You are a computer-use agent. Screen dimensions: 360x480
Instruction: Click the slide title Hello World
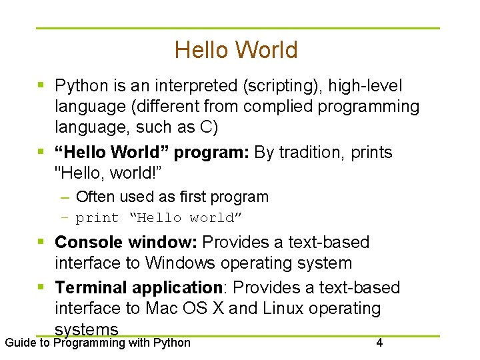(236, 50)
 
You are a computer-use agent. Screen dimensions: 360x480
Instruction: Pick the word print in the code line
(97, 218)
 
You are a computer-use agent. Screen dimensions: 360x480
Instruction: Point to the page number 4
(379, 343)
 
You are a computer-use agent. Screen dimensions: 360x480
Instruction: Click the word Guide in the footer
(20, 343)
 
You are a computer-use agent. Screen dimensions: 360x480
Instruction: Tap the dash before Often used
(64, 197)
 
